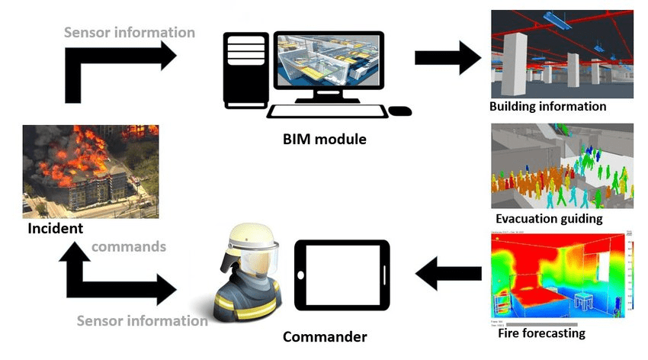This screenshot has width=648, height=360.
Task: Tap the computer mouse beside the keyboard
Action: [399, 111]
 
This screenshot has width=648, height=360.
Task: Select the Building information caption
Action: [547, 107]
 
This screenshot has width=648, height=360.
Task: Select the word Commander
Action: [325, 336]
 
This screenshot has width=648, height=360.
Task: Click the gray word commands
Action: [129, 247]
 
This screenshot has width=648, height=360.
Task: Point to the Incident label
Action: [55, 228]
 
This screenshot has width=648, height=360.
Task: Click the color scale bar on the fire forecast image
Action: [630, 271]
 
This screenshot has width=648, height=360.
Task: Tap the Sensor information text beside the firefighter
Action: [142, 321]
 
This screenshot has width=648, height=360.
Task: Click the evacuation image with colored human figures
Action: [561, 166]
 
